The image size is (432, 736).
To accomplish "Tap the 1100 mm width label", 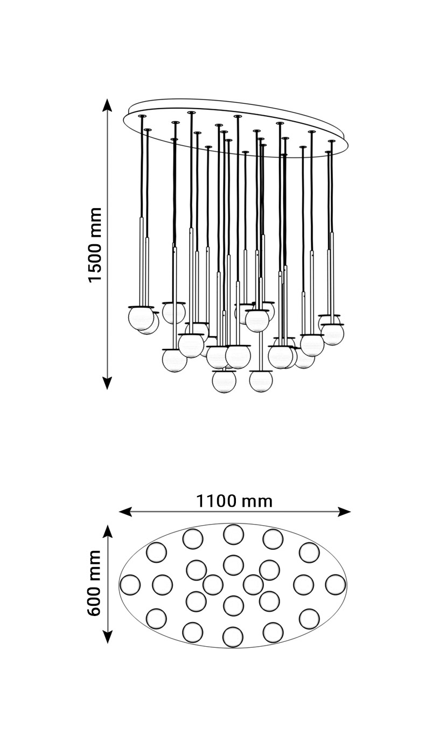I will tap(234, 501).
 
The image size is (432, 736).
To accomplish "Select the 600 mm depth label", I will tap(95, 584).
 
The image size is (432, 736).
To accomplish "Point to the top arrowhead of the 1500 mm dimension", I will tap(107, 104).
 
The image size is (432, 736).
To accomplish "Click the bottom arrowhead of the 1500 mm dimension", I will tap(107, 383).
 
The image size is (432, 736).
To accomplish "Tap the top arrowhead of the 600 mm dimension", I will tap(108, 532).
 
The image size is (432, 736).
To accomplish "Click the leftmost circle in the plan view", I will tap(130, 585).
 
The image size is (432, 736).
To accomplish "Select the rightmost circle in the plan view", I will tap(335, 585).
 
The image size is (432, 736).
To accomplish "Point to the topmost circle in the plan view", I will tap(233, 534).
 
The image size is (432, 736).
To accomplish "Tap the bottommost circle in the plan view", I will tap(233, 636).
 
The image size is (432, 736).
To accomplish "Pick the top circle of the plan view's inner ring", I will tap(233, 564).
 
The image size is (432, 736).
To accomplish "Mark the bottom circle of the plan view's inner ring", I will tap(233, 605).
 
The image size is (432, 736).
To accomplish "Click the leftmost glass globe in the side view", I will tap(141, 318).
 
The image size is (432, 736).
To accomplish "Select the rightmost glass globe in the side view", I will tap(333, 334).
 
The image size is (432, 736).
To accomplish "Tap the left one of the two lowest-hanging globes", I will tap(224, 381).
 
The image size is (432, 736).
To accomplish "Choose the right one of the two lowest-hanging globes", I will tap(261, 381).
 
